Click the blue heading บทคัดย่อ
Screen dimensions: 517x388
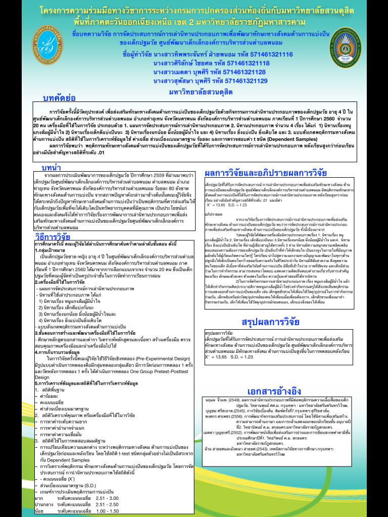pos(60,97)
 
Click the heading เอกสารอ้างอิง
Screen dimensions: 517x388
pos(274,391)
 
